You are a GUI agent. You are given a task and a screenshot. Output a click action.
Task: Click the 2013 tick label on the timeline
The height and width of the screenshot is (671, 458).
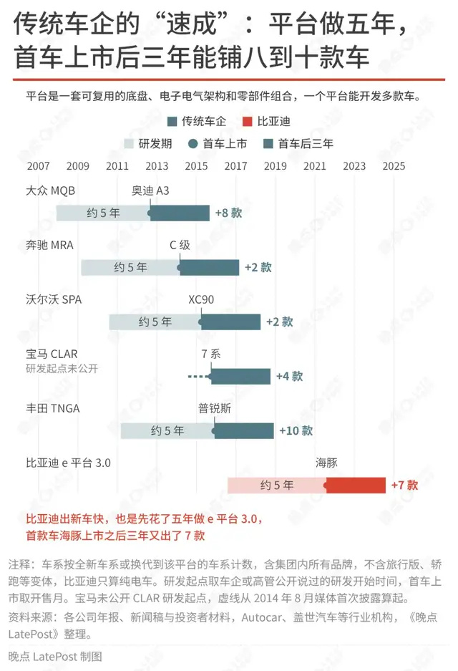(157, 166)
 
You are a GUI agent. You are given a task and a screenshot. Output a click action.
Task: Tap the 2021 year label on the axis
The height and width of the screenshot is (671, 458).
(315, 166)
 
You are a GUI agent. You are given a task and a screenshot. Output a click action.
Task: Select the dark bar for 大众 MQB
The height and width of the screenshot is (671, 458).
(180, 213)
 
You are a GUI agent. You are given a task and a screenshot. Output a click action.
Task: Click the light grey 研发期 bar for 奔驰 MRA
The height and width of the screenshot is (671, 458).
(130, 267)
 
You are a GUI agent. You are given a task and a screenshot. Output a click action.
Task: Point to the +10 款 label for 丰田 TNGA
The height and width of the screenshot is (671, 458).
(296, 430)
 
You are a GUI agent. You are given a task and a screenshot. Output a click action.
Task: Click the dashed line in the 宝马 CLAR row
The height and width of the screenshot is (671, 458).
(198, 377)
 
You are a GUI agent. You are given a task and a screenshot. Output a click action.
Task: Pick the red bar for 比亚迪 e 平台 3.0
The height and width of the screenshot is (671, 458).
(356, 486)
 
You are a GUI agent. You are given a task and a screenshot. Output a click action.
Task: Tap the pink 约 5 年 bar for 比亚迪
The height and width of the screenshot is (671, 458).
(277, 486)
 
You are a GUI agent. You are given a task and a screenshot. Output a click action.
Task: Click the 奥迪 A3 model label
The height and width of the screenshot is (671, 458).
(150, 190)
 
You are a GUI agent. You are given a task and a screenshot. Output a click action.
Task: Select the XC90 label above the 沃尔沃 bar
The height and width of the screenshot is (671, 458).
(201, 299)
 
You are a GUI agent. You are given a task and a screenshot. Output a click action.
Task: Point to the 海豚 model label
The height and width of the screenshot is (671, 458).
(327, 463)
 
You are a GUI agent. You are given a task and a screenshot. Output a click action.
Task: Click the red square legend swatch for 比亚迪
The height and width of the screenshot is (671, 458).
(247, 122)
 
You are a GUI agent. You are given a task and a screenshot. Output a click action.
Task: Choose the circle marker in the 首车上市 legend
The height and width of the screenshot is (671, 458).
(193, 144)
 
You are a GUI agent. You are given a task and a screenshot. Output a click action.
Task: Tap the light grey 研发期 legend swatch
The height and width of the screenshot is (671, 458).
(129, 144)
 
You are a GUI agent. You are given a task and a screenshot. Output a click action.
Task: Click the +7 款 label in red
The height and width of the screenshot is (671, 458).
(404, 486)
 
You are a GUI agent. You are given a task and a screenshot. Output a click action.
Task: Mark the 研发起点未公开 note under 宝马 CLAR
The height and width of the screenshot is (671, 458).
(62, 369)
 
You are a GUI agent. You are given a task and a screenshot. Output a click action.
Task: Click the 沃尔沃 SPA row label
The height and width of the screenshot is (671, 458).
(54, 299)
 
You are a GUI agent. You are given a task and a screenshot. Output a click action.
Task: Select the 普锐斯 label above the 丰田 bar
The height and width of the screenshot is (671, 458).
(215, 408)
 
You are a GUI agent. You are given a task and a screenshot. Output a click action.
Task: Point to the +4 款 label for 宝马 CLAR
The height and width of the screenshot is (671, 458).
(290, 376)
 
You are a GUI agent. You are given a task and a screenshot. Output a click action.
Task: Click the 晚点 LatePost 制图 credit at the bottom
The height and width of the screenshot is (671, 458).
(55, 657)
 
